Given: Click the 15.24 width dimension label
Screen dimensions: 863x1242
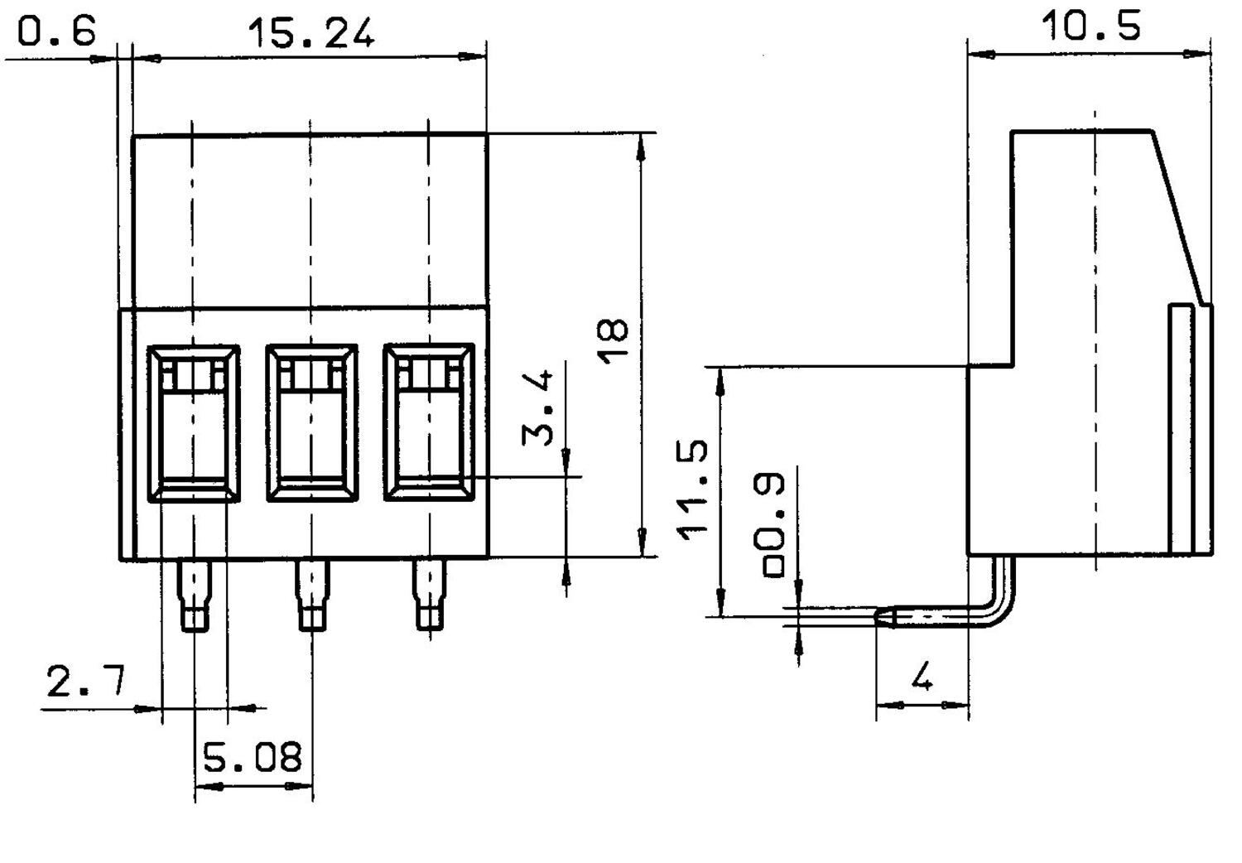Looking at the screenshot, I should click(x=310, y=33).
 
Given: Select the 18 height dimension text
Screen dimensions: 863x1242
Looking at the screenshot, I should click(x=614, y=340).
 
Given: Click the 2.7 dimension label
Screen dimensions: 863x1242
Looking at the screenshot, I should click(x=85, y=682).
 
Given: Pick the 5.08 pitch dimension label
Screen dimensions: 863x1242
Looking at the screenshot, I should click(x=253, y=757).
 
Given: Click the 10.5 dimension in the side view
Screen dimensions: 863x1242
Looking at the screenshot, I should click(x=1090, y=27).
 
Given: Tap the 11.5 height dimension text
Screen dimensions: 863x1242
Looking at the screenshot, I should click(x=692, y=489).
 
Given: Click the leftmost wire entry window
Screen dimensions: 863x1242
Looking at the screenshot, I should click(x=194, y=423).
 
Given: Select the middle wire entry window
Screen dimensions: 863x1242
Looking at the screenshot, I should click(x=311, y=423).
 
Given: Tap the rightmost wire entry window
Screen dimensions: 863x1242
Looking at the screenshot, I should click(x=429, y=423).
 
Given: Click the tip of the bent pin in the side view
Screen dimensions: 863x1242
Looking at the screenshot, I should click(x=883, y=616).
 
